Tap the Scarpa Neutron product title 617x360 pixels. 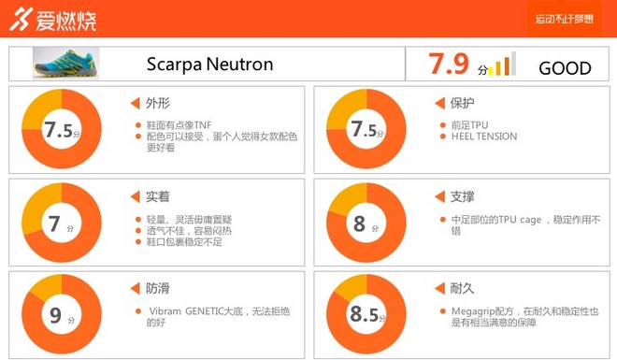[209, 65]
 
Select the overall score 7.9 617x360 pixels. [449, 65]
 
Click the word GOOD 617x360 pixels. [565, 68]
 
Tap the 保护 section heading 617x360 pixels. [461, 103]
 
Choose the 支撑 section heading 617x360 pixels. [461, 196]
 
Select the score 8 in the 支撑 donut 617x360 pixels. [361, 224]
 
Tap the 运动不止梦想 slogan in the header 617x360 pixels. [565, 19]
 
